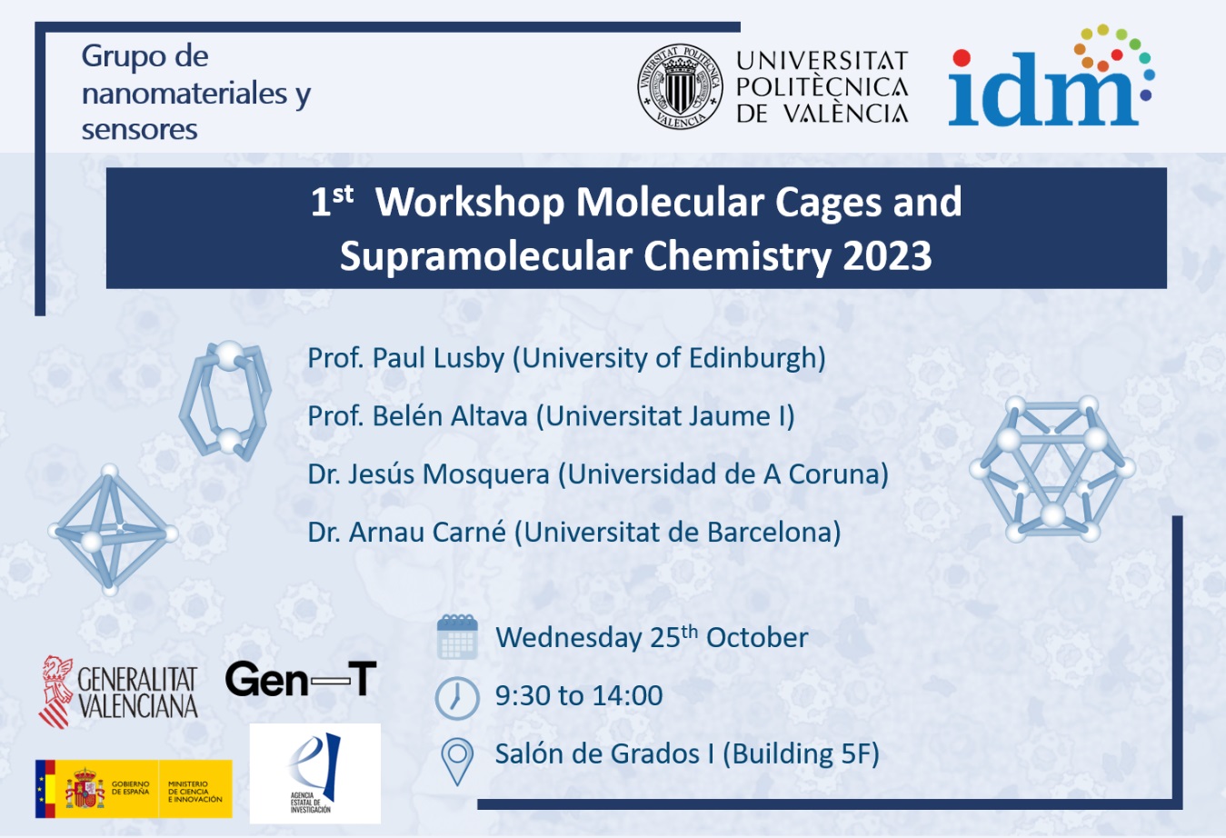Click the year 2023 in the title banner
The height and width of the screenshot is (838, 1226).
(x=887, y=256)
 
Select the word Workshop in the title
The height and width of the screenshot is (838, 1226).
(x=470, y=202)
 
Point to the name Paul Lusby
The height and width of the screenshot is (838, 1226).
(x=438, y=358)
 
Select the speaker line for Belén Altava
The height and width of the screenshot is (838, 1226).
(x=551, y=416)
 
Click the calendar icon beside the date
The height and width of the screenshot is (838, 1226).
(x=457, y=636)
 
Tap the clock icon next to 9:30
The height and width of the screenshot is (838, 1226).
(x=456, y=697)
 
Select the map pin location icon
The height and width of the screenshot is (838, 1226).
(x=456, y=760)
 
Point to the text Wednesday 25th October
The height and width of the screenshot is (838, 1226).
(x=651, y=638)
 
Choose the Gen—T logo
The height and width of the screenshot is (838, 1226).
(x=301, y=679)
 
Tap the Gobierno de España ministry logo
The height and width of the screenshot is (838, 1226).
(x=134, y=788)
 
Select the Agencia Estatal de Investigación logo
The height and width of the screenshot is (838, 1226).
(x=314, y=773)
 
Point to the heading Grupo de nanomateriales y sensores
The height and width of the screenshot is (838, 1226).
(x=195, y=93)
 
